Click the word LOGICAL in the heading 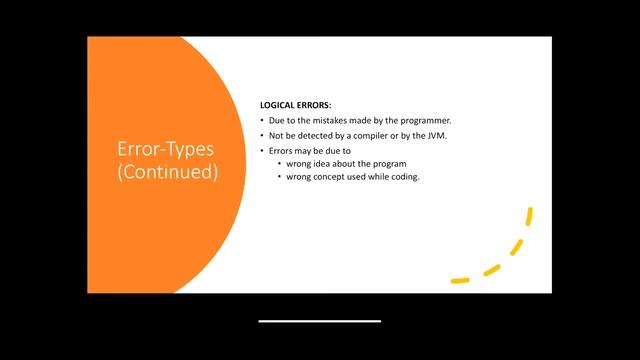coord(278,105)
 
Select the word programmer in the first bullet coord(426,121)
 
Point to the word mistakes coord(329,121)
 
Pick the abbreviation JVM coord(437,136)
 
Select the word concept coord(329,177)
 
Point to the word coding coord(405,177)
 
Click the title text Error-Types coord(166,149)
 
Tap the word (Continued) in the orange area coord(167,171)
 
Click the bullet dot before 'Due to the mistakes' coord(262,121)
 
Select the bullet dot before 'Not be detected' coord(262,136)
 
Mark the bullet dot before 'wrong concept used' coord(280,177)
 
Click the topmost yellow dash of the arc coord(529,216)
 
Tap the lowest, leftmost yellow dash coord(460,281)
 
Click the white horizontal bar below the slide coord(320,321)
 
